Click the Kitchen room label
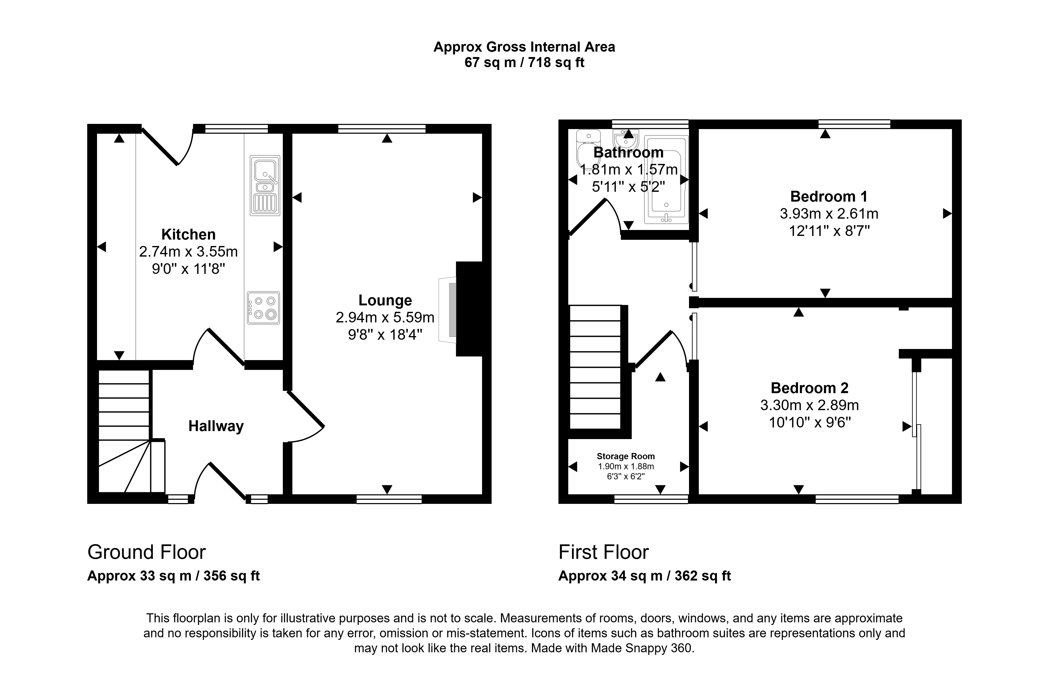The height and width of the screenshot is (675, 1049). [x=188, y=234]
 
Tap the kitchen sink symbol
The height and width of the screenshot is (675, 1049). [x=265, y=185]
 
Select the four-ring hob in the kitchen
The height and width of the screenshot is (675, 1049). [x=263, y=308]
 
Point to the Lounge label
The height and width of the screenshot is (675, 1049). [x=385, y=300]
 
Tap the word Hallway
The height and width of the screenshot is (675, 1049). [x=216, y=426]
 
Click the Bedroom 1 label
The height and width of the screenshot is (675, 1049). [x=829, y=196]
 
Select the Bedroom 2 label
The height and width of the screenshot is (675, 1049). [x=810, y=388]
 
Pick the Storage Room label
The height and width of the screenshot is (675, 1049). [x=626, y=456]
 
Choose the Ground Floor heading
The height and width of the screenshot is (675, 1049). [x=147, y=552]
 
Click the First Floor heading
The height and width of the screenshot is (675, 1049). [x=603, y=552]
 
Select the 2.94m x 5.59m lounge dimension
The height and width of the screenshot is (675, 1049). [x=385, y=317]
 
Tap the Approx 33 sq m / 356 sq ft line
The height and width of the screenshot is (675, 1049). [x=173, y=576]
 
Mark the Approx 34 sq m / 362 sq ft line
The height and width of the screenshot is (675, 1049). [x=645, y=576]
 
